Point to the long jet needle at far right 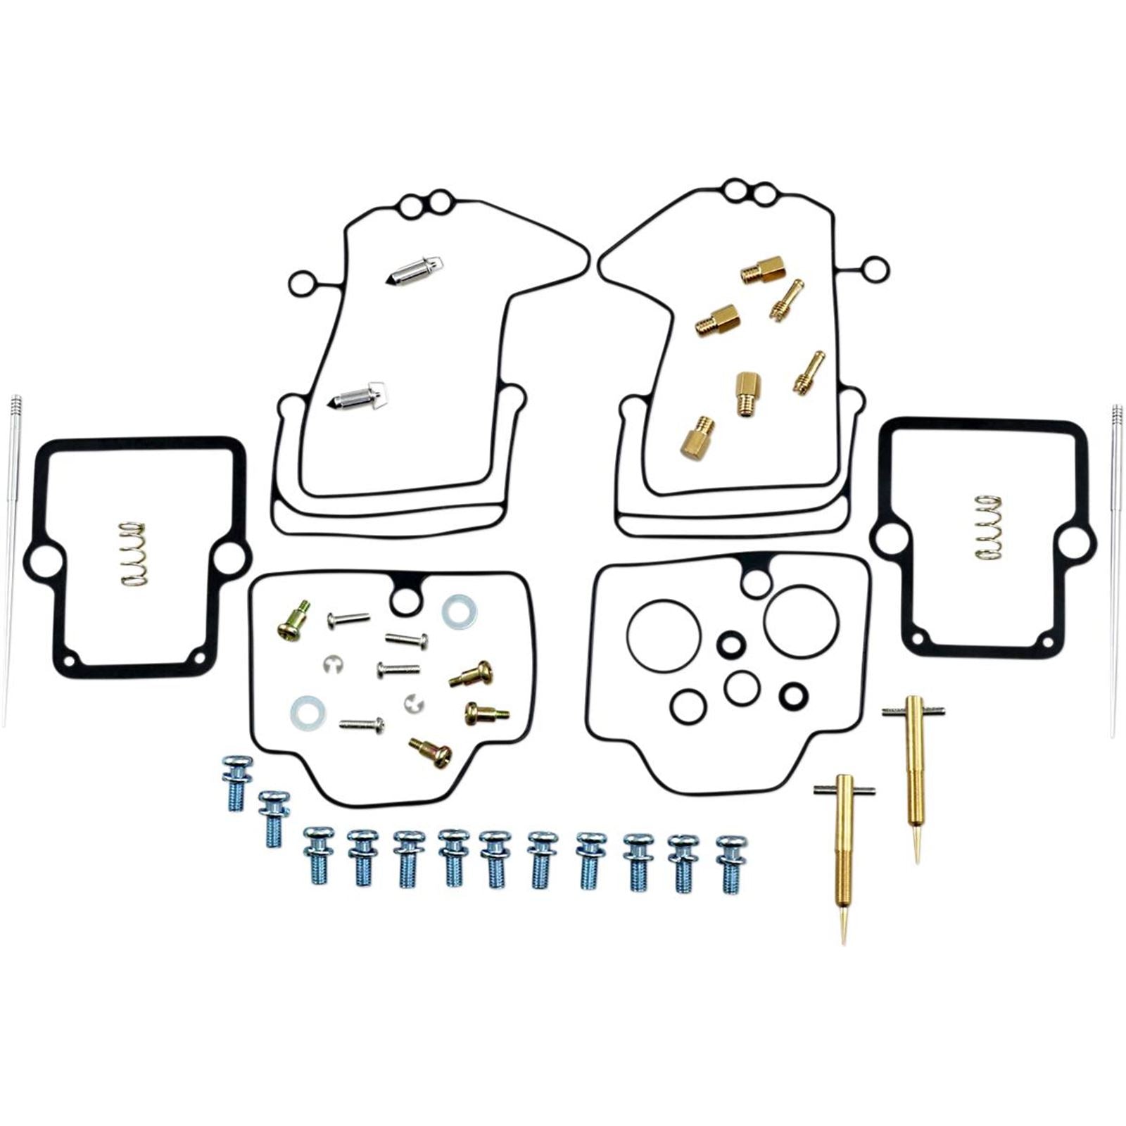pos(1117,570)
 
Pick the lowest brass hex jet pos(696,437)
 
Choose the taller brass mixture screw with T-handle pos(913,767)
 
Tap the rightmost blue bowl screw pos(731,863)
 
